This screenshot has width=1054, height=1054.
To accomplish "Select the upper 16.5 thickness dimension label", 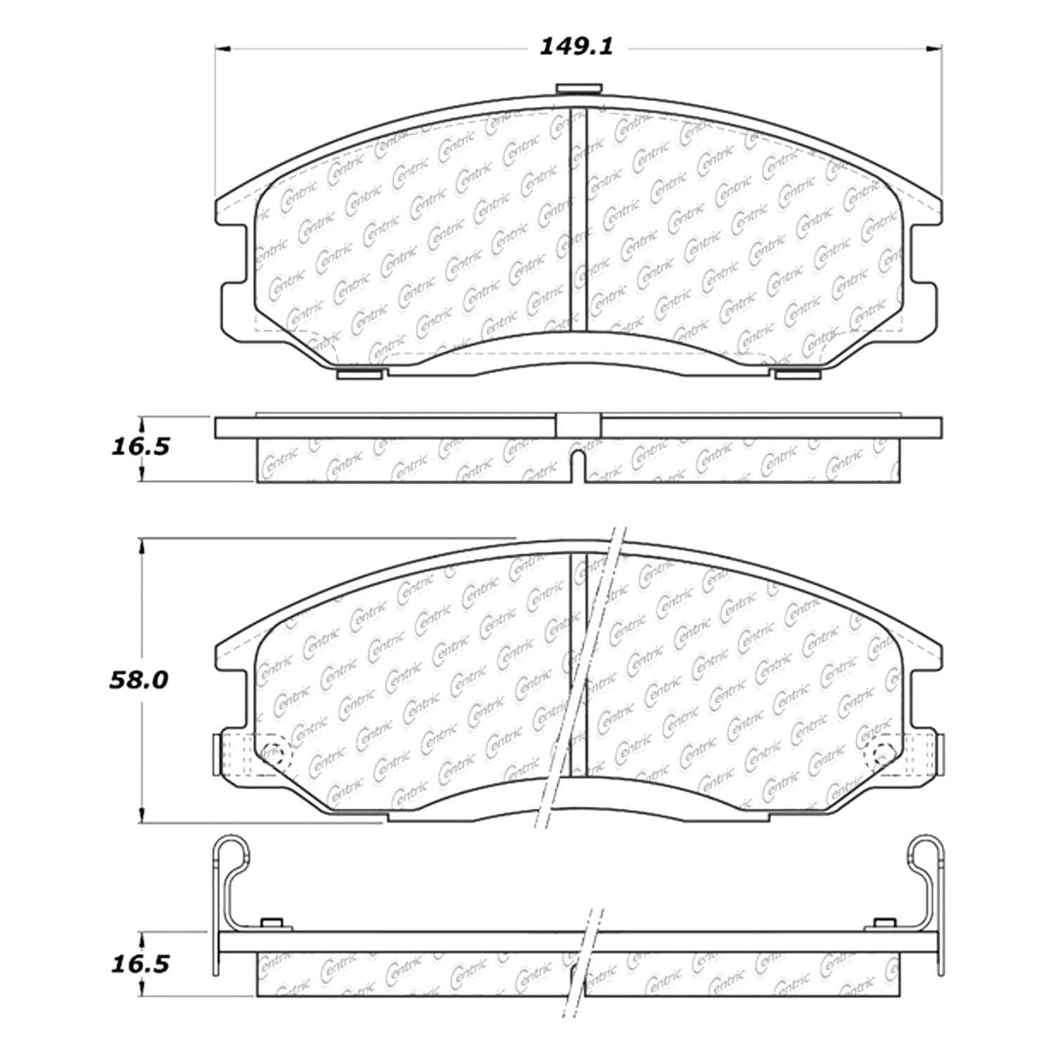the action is (x=141, y=446).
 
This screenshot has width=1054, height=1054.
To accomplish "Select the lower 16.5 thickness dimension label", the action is (x=141, y=963).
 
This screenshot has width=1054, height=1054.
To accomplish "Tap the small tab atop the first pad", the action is (x=579, y=89).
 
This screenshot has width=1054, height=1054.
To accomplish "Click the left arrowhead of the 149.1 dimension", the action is (x=223, y=48).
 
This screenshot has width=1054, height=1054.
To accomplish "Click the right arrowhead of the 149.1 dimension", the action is (x=934, y=48).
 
